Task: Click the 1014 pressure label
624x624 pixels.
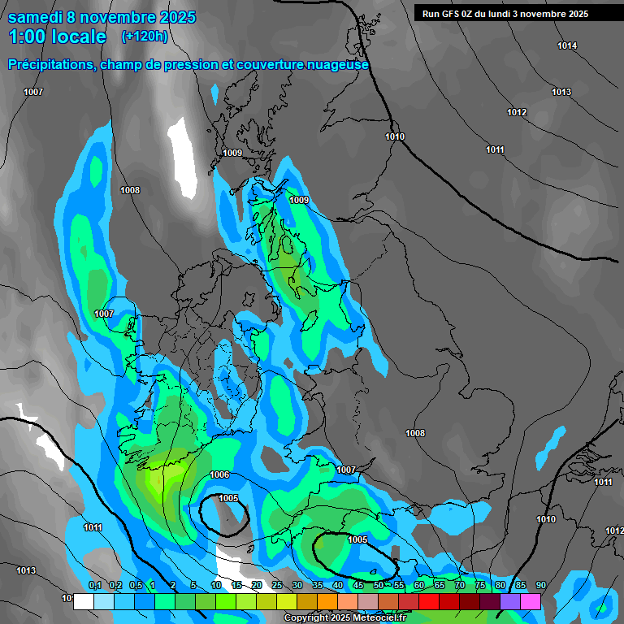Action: click(x=567, y=45)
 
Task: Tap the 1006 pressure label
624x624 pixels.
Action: click(x=219, y=474)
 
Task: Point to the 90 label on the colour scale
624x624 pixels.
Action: click(x=541, y=586)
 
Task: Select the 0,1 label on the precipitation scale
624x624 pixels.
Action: click(x=95, y=586)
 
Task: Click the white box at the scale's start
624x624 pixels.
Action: click(x=83, y=602)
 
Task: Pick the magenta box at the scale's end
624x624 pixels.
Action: click(x=531, y=602)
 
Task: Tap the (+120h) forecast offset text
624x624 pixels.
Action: click(x=145, y=36)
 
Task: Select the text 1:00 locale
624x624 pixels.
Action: click(x=57, y=37)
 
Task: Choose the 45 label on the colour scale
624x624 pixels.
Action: click(x=358, y=586)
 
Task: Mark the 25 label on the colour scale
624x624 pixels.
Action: click(x=277, y=586)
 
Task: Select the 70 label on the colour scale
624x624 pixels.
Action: click(x=460, y=586)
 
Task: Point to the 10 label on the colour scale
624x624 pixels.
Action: click(x=216, y=586)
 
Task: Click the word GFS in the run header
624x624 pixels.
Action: click(x=451, y=14)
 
